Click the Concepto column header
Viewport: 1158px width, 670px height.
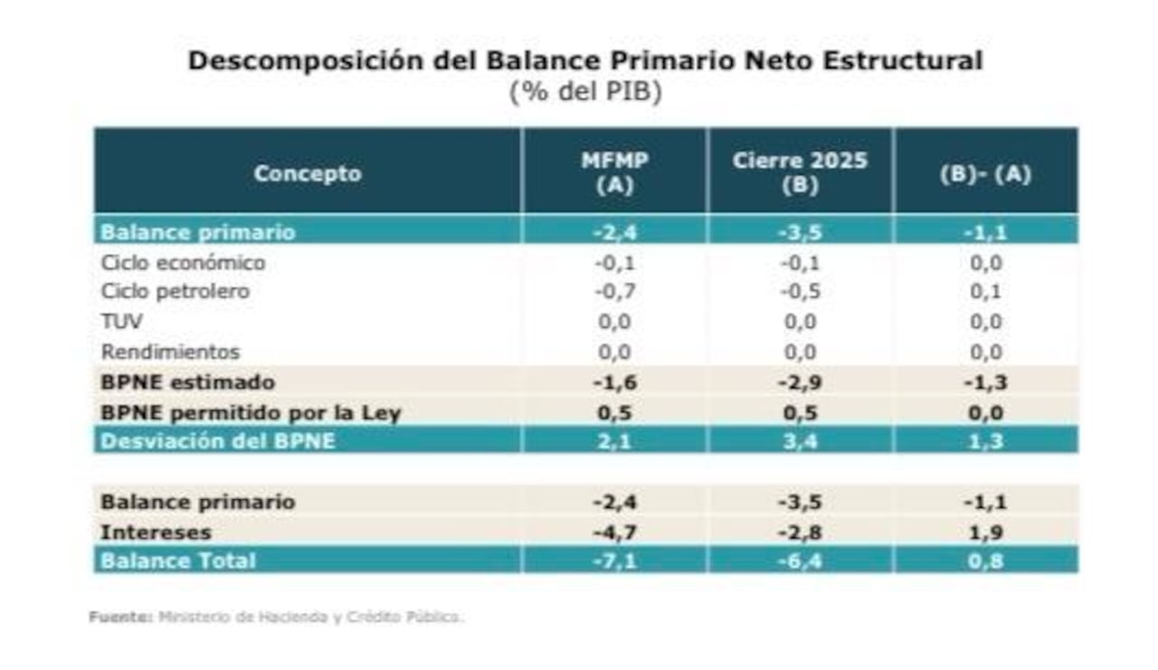coord(307,174)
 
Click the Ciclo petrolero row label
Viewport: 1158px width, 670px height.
coord(175,292)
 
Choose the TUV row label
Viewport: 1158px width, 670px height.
coord(121,322)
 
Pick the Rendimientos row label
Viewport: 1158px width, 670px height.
coord(170,352)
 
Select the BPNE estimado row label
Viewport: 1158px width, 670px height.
coord(187,382)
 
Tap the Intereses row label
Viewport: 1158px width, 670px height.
coord(156,532)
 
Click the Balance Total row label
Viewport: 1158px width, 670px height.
coord(178,561)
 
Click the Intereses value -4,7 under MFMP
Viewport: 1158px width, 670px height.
coord(614,532)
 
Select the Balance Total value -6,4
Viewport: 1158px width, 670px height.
coord(800,561)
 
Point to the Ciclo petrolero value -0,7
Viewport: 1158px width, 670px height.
coord(614,292)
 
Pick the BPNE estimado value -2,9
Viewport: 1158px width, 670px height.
coord(800,382)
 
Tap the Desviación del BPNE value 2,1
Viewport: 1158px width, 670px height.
coord(614,441)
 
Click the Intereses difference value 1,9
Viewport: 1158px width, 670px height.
coord(985,532)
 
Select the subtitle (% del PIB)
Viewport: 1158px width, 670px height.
coord(584,92)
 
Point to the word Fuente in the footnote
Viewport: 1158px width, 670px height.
coord(119,618)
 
